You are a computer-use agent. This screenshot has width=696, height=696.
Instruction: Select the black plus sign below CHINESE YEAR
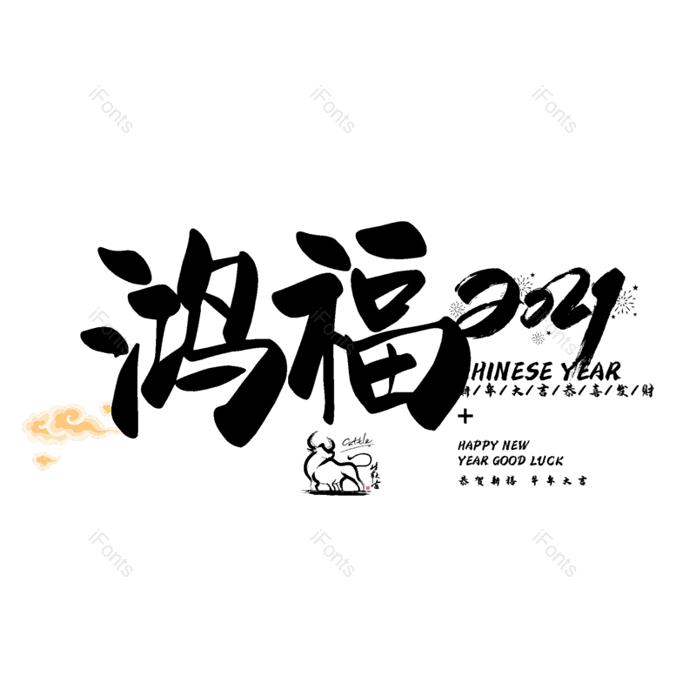(x=465, y=417)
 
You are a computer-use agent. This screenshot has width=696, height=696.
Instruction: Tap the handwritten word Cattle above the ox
(x=357, y=442)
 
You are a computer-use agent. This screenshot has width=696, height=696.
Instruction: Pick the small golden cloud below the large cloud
(x=46, y=458)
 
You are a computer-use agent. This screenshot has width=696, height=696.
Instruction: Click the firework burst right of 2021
(x=624, y=303)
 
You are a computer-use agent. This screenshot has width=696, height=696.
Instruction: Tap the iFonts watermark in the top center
(x=332, y=109)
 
